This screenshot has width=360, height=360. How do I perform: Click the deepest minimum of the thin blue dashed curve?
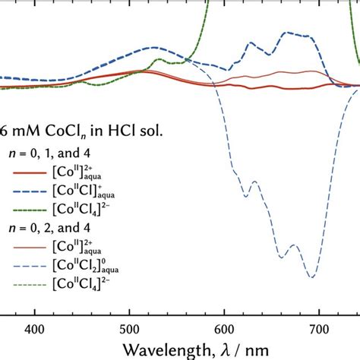pyautogui.click(x=311, y=277)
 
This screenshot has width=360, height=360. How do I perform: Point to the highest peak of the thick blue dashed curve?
pyautogui.click(x=286, y=33)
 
